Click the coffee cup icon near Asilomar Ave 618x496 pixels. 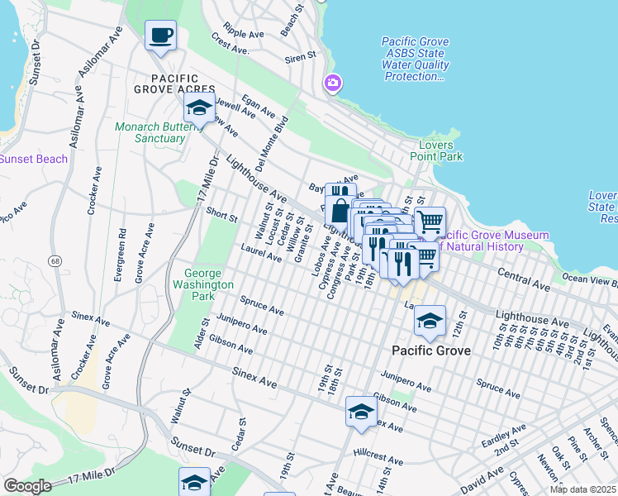point(160,36)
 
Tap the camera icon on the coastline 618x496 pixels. point(332,83)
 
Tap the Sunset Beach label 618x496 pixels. point(33,159)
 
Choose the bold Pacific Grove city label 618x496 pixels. point(430,351)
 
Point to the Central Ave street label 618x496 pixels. point(523,279)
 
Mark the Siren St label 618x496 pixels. point(301,56)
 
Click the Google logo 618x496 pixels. point(28,486)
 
